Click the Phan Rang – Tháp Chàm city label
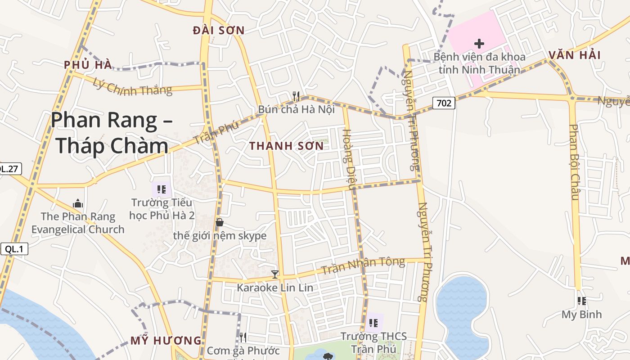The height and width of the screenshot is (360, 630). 110,133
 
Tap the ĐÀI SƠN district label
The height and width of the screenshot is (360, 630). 218,31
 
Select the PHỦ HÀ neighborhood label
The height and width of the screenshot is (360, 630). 88,65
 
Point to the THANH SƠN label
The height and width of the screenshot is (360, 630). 286,146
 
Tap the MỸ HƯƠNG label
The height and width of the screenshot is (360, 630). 166,341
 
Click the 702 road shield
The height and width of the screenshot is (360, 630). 444,103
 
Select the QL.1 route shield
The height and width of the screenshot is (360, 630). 14,249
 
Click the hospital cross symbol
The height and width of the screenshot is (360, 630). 479,44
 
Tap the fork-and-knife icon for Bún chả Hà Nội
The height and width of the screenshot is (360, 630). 296,96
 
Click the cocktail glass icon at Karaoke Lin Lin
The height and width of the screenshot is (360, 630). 275,274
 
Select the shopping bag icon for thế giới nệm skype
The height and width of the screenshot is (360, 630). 220,222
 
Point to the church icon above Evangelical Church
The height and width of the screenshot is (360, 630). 78,203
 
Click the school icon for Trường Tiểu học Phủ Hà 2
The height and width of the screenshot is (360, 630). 162,189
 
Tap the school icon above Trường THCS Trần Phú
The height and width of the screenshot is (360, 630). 373,323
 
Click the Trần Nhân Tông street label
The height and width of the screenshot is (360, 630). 363,266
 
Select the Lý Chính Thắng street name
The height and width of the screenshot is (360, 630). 133,86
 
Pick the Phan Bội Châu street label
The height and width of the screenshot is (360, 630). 573,162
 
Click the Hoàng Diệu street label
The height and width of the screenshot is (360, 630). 349,159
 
